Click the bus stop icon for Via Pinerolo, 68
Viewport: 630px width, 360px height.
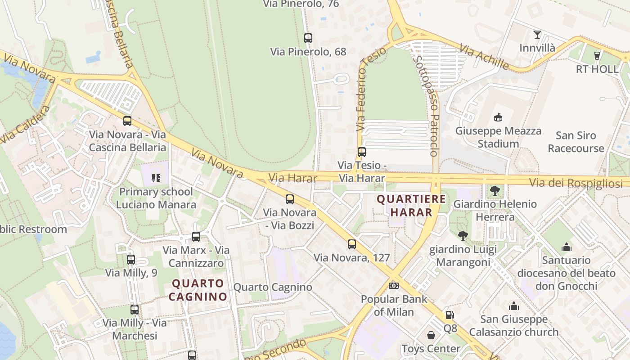(308, 38)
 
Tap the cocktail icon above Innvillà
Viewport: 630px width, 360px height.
(537, 34)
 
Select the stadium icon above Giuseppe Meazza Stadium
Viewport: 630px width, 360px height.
(498, 117)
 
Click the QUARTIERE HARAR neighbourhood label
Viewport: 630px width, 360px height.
(411, 205)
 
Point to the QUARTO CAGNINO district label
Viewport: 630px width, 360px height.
(198, 290)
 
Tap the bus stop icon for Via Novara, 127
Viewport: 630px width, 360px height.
(351, 244)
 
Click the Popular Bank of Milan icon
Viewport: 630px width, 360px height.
(394, 286)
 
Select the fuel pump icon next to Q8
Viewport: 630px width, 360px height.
(450, 315)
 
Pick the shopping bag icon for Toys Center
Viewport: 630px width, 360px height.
(431, 335)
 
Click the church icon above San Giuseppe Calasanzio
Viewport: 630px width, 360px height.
(513, 306)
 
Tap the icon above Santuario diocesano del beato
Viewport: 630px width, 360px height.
(566, 247)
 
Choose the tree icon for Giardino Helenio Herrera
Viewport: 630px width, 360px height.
(495, 191)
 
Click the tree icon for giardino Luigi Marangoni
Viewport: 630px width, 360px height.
(463, 236)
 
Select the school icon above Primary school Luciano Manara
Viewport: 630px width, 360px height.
(156, 178)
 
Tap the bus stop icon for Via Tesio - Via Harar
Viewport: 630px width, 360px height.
(361, 152)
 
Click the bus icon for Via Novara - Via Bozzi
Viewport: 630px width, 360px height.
(289, 199)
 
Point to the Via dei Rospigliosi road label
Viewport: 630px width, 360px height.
(576, 183)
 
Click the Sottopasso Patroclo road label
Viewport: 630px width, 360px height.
(426, 106)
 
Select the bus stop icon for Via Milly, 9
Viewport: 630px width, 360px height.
(130, 260)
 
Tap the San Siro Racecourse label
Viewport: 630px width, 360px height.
(576, 142)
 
